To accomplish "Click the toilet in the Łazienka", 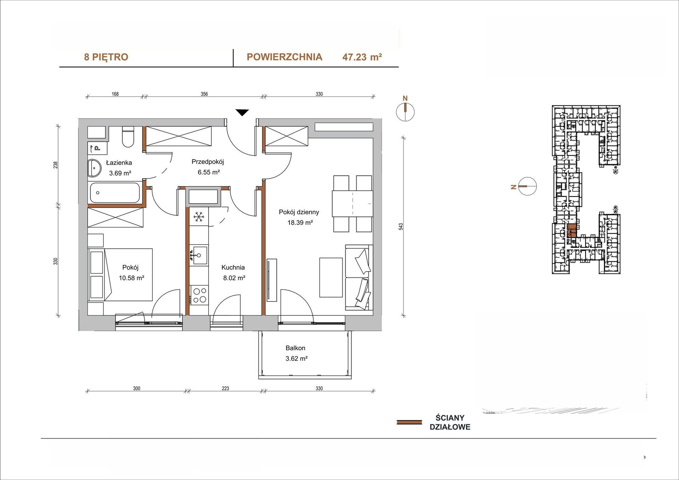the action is [128, 138].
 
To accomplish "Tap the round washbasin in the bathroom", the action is [94, 168].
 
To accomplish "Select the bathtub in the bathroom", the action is [115, 193].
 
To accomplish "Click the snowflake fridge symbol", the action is [199, 217].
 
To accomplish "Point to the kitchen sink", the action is [199, 255].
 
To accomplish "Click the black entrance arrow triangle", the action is [242, 112].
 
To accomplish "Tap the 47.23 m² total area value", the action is [362, 57].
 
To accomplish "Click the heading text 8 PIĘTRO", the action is [106, 57].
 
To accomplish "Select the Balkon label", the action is [295, 348].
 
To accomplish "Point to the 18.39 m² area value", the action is [300, 222].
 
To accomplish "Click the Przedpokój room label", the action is [208, 162].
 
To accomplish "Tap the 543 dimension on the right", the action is [401, 227].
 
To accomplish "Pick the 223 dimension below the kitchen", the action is [225, 388].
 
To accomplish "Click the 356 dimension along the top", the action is [204, 94].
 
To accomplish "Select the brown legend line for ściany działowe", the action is [409, 422].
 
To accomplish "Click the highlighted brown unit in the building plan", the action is [572, 231].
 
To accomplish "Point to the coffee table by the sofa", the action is [331, 278].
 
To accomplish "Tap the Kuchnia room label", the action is [233, 267].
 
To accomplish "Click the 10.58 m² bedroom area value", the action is [131, 278].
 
